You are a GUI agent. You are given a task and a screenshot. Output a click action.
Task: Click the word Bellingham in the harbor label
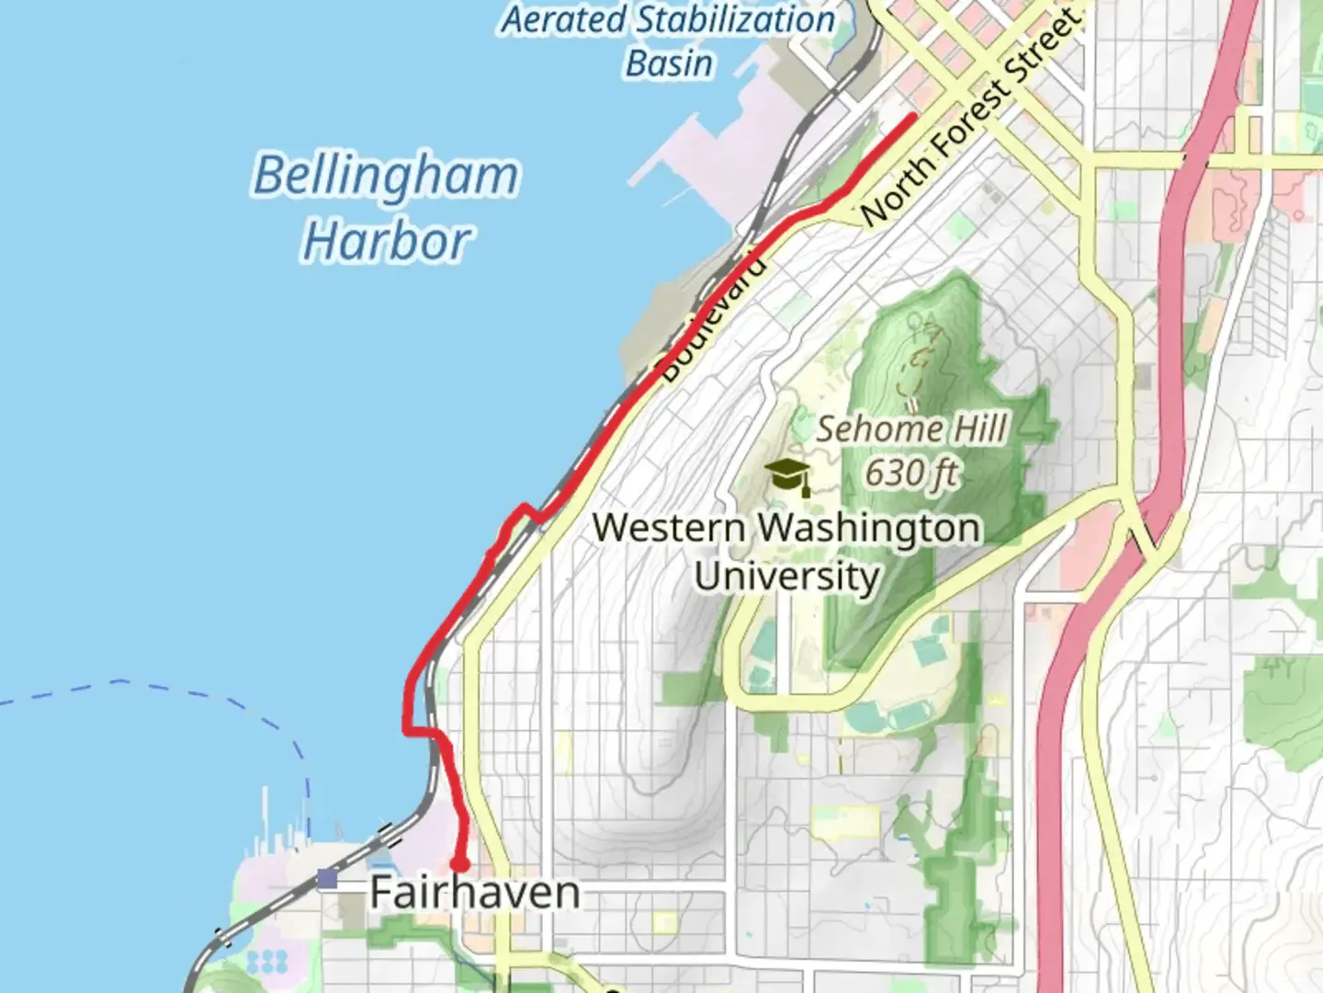click(x=386, y=176)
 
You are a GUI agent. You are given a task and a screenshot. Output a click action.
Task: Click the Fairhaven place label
click(x=475, y=893)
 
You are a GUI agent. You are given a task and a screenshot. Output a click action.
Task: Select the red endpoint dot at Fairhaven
click(x=458, y=864)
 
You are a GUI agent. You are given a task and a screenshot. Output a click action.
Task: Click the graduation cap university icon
click(x=787, y=476)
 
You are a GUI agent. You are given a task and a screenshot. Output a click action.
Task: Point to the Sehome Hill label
click(x=911, y=428)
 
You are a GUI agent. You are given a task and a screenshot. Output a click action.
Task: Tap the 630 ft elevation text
click(x=911, y=474)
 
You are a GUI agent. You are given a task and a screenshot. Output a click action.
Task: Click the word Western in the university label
click(x=669, y=529)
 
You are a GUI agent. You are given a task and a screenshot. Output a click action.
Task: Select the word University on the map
click(x=786, y=576)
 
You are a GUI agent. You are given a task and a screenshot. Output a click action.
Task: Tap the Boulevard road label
click(x=712, y=319)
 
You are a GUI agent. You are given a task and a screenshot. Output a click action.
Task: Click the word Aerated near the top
click(x=562, y=19)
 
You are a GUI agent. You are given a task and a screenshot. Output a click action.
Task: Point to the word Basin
click(x=669, y=63)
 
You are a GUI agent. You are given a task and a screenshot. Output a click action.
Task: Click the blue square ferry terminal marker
click(x=327, y=879)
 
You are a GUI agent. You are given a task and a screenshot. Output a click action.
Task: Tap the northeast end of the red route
click(x=912, y=117)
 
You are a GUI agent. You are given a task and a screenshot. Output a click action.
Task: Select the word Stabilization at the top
click(x=735, y=19)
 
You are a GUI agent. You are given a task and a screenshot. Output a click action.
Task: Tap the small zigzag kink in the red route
click(x=524, y=510)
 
